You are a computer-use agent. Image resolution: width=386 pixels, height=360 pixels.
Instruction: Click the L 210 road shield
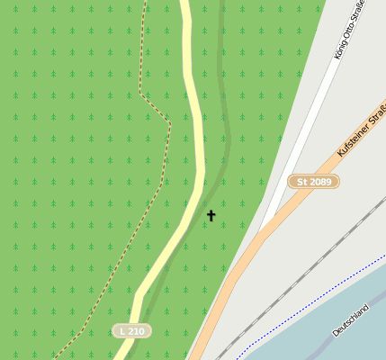coord(131,331)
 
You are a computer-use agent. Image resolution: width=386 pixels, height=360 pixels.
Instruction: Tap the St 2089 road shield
coord(314,182)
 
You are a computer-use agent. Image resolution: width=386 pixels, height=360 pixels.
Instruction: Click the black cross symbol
coord(211,215)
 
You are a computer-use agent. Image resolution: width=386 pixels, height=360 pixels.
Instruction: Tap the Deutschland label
coord(350,319)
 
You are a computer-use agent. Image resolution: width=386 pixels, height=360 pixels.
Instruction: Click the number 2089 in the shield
coord(320,182)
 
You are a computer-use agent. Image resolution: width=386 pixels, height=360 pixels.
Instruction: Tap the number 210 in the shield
coord(136,331)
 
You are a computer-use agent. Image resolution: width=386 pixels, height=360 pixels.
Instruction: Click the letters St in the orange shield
coord(301,182)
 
